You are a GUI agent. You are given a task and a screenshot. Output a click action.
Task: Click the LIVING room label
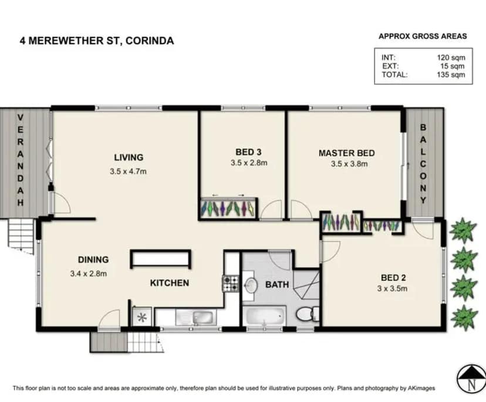pyautogui.click(x=129, y=157)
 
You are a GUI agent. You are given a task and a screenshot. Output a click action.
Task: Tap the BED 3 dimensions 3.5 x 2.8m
pyautogui.click(x=249, y=163)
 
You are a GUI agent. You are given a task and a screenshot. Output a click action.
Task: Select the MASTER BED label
pyautogui.click(x=346, y=153)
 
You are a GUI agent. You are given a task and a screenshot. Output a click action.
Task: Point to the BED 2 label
pyautogui.click(x=392, y=278)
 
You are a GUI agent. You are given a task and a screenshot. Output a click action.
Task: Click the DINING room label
pyautogui.click(x=93, y=259)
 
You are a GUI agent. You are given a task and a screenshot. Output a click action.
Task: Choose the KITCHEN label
pyautogui.click(x=170, y=283)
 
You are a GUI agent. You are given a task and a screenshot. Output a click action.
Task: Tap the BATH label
pyautogui.click(x=277, y=285)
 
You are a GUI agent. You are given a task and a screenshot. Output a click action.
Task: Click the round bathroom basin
pyautogui.click(x=252, y=286)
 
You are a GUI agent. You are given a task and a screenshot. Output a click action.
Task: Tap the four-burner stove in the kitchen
pyautogui.click(x=230, y=284)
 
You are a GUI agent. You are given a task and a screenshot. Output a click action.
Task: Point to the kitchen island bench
pyautogui.click(x=160, y=259)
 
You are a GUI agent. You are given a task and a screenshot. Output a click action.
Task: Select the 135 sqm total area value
pyautogui.click(x=453, y=75)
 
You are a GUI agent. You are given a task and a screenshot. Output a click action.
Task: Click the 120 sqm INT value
pyautogui.click(x=453, y=58)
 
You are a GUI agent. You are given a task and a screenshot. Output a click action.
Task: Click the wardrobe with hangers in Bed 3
pyautogui.click(x=228, y=209)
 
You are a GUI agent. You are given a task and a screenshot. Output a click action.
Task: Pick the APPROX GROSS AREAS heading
pyautogui.click(x=423, y=36)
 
